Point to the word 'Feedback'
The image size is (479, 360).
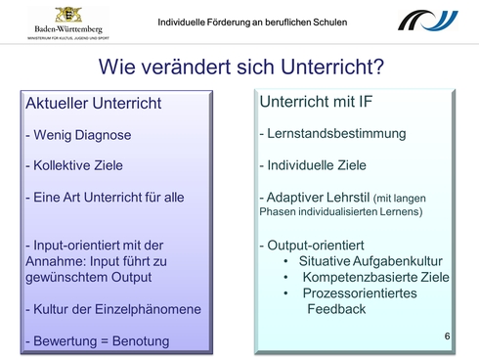pyautogui.click(x=336, y=308)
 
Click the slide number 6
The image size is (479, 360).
pyautogui.click(x=447, y=337)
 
